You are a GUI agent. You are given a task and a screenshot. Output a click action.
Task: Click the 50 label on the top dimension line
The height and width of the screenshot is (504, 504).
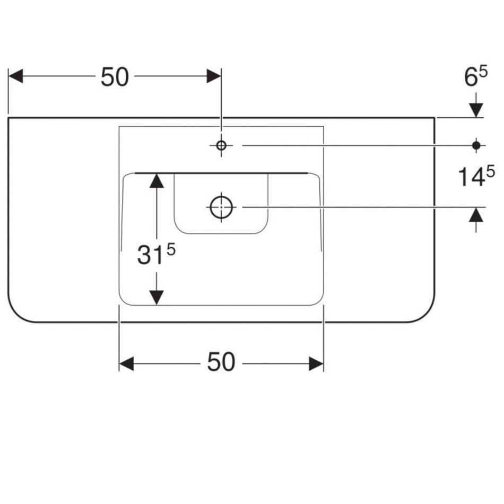click(x=115, y=77)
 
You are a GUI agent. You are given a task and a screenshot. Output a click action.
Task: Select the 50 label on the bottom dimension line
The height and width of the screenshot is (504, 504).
click(x=221, y=363)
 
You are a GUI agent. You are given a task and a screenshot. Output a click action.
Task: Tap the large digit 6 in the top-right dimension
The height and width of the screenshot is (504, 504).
click(x=471, y=79)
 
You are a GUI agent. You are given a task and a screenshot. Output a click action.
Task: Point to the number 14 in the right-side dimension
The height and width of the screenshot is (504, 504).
click(x=469, y=178)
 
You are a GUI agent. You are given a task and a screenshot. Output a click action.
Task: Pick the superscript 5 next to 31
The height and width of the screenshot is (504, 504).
click(x=170, y=249)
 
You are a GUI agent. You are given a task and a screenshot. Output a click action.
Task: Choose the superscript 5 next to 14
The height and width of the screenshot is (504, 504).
click(x=490, y=171)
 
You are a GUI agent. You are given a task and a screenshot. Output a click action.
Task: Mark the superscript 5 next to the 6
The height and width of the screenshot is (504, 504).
click(x=483, y=72)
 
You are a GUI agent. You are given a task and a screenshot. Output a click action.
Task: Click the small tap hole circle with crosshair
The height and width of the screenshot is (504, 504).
click(x=221, y=145)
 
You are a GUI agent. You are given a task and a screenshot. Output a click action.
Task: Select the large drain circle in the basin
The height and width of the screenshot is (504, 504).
click(x=222, y=207)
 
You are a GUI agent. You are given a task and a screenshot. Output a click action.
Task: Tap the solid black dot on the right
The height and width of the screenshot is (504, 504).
click(x=476, y=145)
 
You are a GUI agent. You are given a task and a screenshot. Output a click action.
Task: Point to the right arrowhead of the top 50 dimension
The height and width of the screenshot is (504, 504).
click(x=214, y=76)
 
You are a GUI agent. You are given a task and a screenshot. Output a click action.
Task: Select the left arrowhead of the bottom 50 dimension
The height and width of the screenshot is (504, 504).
click(x=126, y=364)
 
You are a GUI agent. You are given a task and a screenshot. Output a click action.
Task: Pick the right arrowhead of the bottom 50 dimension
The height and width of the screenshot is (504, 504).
click(x=316, y=364)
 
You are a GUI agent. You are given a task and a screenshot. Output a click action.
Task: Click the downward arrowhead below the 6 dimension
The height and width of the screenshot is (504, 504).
click(x=476, y=109)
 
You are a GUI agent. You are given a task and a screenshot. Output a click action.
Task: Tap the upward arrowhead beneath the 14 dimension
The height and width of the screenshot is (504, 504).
click(x=476, y=215)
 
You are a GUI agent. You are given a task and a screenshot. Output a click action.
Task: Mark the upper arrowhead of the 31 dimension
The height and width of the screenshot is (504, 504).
click(x=156, y=180)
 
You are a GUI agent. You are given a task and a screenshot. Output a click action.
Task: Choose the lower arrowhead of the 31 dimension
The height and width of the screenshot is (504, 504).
click(x=156, y=298)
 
